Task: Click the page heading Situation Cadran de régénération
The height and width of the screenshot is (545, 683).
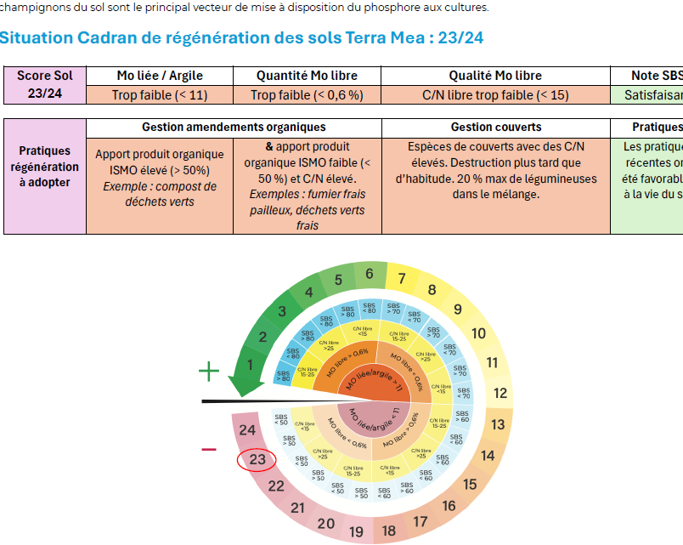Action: coord(242,38)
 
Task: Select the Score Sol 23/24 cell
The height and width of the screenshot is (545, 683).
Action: coord(45,85)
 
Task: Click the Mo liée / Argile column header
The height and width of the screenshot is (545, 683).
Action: coord(160,76)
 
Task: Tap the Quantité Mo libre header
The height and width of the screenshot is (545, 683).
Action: coord(307,76)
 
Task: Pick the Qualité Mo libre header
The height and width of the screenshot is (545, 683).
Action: coord(495,76)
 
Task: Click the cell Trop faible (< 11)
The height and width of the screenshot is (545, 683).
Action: coord(160,95)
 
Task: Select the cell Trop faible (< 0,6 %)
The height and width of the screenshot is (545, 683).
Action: coord(307,95)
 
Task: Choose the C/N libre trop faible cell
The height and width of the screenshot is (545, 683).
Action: coord(495,95)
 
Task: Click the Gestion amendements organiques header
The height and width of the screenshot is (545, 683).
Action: coord(234,128)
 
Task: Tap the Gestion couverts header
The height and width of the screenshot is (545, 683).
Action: coord(495,128)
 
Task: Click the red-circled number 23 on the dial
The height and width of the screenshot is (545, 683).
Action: coord(257,460)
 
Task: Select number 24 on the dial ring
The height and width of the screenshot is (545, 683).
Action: coord(247,430)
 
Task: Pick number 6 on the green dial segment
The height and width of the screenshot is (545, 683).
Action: coord(370,274)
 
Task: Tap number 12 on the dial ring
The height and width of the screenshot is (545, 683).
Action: coord(500,393)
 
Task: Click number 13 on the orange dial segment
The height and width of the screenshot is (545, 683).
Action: coord(498,424)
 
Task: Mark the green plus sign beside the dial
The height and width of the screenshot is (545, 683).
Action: coord(208,371)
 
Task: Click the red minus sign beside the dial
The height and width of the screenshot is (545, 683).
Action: coord(208,449)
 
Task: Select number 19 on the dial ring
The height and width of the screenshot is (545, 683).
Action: coord(356,532)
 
